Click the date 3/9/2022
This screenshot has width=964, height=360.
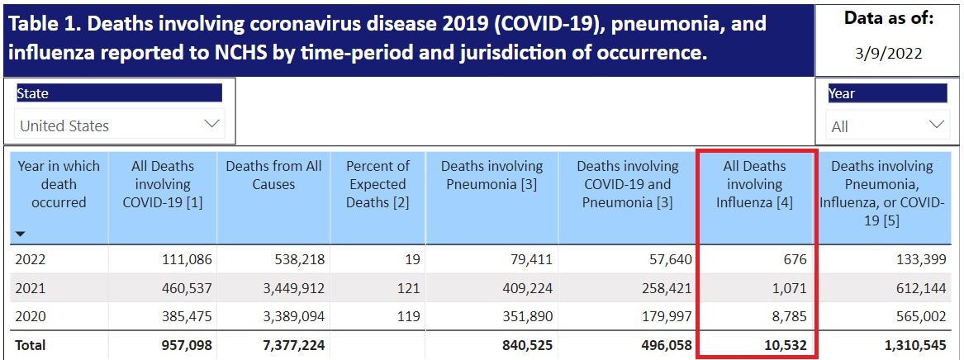tap(889, 54)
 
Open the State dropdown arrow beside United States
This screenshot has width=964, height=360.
tap(212, 125)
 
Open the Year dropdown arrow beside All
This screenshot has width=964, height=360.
tap(936, 126)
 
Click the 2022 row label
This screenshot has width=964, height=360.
tap(31, 259)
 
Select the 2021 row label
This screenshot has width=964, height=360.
tap(31, 288)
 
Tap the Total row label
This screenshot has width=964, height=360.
tap(30, 344)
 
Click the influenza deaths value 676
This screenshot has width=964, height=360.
tap(794, 259)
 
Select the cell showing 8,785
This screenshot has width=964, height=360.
tap(789, 317)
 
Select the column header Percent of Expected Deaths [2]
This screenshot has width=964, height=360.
tap(378, 184)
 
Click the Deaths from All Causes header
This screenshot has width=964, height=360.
tap(273, 175)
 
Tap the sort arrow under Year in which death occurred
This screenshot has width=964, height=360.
tap(21, 234)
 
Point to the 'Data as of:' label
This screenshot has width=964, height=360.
tap(889, 18)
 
